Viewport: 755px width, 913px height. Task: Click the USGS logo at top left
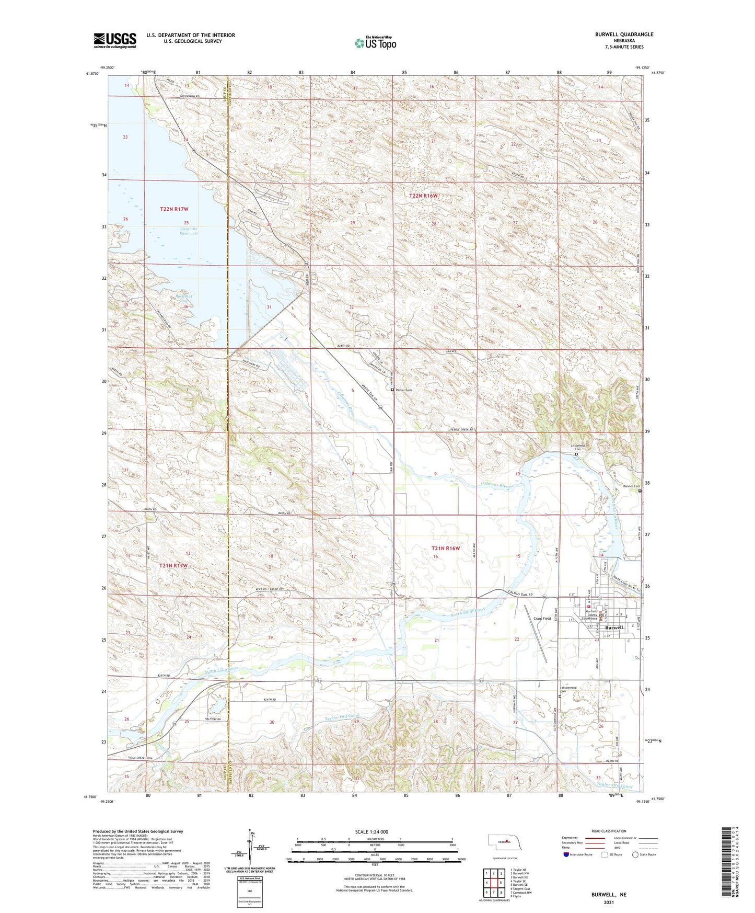point(115,40)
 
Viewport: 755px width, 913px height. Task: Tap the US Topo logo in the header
point(375,43)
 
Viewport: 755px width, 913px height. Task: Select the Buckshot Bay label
point(182,299)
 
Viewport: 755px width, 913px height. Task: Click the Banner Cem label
point(631,486)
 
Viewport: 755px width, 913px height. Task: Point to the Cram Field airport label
point(542,619)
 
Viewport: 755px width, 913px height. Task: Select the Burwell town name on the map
point(613,627)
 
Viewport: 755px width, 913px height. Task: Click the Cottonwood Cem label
point(568,689)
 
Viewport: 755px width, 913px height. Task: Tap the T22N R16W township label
point(423,196)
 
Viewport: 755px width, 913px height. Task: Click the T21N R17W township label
point(173,566)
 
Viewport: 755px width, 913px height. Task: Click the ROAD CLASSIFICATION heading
point(609,831)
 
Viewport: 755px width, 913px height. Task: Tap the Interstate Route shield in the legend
point(567,854)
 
